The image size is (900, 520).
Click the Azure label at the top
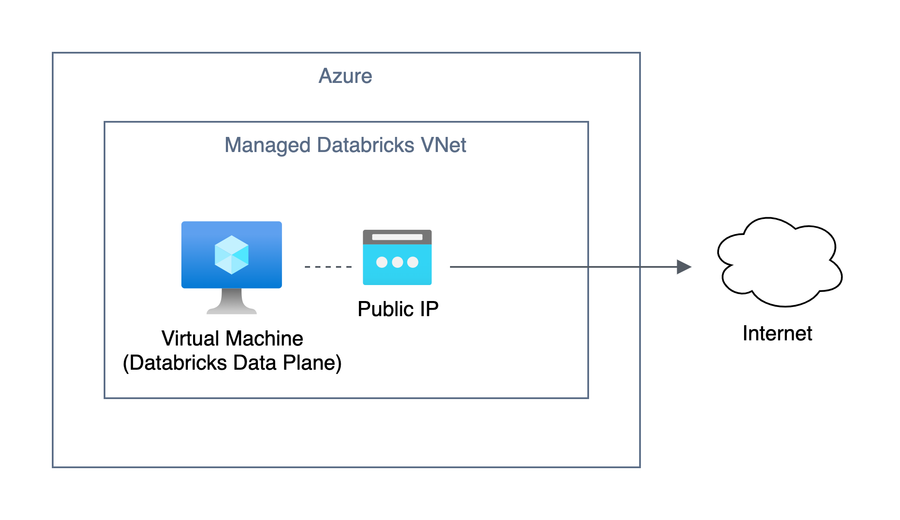pos(345,76)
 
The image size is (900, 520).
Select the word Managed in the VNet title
pos(267,146)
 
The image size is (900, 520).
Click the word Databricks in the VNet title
pos(365,145)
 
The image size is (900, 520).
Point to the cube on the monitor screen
pos(231,255)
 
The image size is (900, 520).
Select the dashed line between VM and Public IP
pos(328,267)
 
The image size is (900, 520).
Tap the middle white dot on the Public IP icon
pos(397,262)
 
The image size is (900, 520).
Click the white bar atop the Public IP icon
pos(397,237)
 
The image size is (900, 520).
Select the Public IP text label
pos(398,309)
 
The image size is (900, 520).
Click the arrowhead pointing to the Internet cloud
pos(684,267)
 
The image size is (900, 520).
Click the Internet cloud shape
pos(780,263)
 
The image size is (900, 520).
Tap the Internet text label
pos(777,333)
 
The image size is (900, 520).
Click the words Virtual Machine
pos(232,338)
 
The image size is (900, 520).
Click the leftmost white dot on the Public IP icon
pos(382,262)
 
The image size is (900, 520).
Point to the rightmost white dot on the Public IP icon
pos(413,262)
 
